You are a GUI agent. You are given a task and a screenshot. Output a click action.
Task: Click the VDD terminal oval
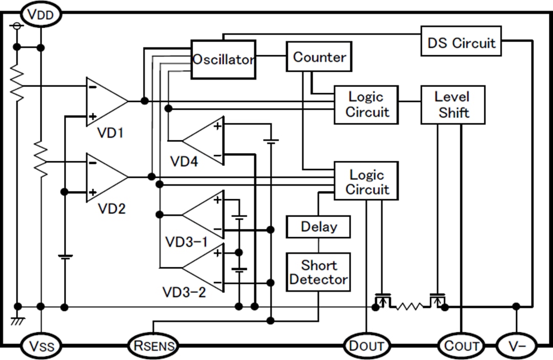click(x=40, y=14)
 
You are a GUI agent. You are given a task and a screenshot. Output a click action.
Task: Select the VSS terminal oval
click(x=40, y=346)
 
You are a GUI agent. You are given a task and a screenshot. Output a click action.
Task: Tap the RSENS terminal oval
click(x=153, y=346)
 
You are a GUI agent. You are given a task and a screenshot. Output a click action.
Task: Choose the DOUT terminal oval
click(x=366, y=346)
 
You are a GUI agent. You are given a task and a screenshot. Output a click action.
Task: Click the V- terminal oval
click(x=517, y=346)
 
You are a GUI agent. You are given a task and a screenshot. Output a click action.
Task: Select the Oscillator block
click(x=223, y=59)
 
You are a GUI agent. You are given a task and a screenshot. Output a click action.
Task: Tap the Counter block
click(x=319, y=57)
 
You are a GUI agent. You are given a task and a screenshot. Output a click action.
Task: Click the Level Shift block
click(x=453, y=105)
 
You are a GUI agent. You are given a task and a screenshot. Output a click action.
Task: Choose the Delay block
click(x=318, y=227)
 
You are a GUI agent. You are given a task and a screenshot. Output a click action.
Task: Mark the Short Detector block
click(x=318, y=272)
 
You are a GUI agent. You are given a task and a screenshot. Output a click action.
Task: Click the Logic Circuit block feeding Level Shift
click(x=366, y=105)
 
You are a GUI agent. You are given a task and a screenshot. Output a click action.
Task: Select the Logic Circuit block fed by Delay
click(x=366, y=181)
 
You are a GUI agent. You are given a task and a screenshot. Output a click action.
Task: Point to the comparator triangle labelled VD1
click(x=105, y=101)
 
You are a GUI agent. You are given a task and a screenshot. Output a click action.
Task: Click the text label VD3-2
click(x=184, y=292)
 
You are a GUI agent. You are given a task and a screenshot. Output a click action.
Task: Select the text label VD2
click(x=111, y=209)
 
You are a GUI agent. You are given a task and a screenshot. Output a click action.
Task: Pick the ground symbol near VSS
click(x=17, y=321)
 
